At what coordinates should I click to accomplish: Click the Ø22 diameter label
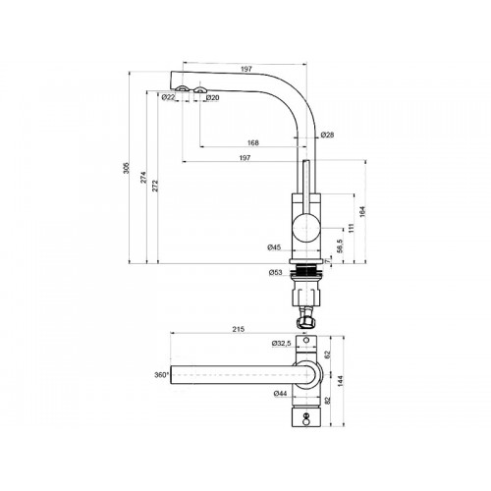tap(168, 97)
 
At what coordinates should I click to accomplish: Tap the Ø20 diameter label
tap(212, 97)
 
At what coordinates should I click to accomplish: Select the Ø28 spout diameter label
tap(327, 135)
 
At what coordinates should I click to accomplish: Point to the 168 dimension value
tap(253, 142)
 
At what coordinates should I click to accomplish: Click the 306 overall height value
tap(127, 168)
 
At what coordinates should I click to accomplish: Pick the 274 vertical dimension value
tap(144, 177)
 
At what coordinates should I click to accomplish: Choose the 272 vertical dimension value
tap(155, 186)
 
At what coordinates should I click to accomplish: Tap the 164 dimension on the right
tap(362, 211)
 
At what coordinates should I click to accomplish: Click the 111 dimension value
tap(351, 228)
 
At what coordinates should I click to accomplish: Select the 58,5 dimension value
tap(340, 245)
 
